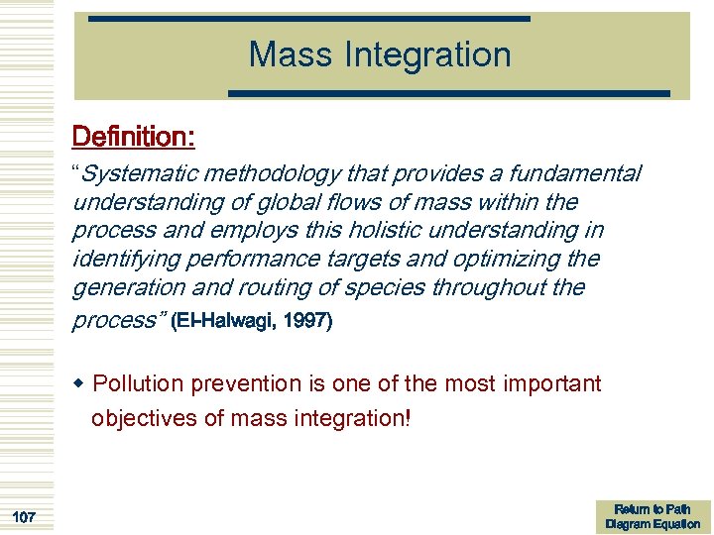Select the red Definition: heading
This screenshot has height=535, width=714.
pyautogui.click(x=133, y=136)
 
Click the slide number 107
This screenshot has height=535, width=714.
pyautogui.click(x=25, y=516)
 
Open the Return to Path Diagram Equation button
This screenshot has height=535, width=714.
pyautogui.click(x=653, y=516)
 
